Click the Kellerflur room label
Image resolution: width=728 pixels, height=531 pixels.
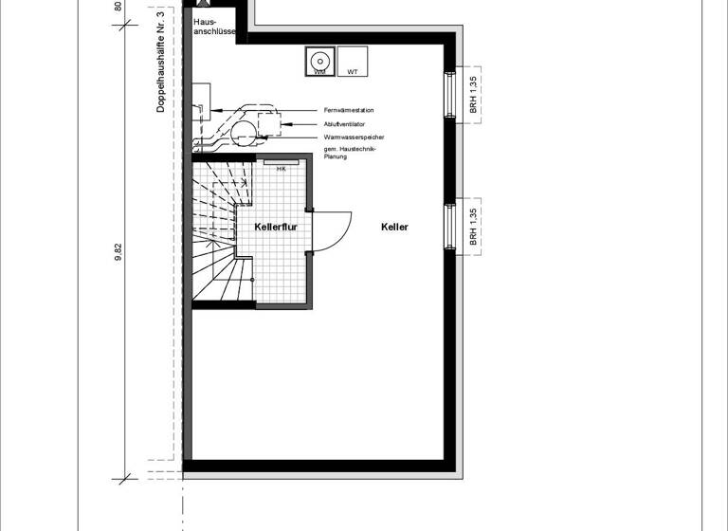point(276,227)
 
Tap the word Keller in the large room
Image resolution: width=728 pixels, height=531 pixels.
point(394,227)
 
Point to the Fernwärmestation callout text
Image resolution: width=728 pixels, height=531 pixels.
point(347,110)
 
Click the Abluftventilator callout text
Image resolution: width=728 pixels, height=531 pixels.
point(345,124)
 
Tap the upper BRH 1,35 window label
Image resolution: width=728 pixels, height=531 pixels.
point(473,93)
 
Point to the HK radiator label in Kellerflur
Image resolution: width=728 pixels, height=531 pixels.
point(282,169)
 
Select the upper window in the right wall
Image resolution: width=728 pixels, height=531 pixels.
point(450,93)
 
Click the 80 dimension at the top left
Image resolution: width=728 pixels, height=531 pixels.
point(118,6)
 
